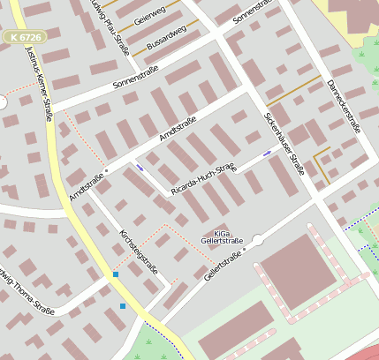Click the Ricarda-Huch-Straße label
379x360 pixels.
point(204,178)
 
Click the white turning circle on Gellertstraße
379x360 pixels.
point(257,239)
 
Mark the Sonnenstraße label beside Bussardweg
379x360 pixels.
point(135,80)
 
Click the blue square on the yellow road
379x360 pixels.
point(115,275)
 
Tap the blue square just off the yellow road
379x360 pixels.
point(123,305)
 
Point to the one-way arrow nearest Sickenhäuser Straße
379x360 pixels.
point(267,155)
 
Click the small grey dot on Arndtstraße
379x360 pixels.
point(105,169)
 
